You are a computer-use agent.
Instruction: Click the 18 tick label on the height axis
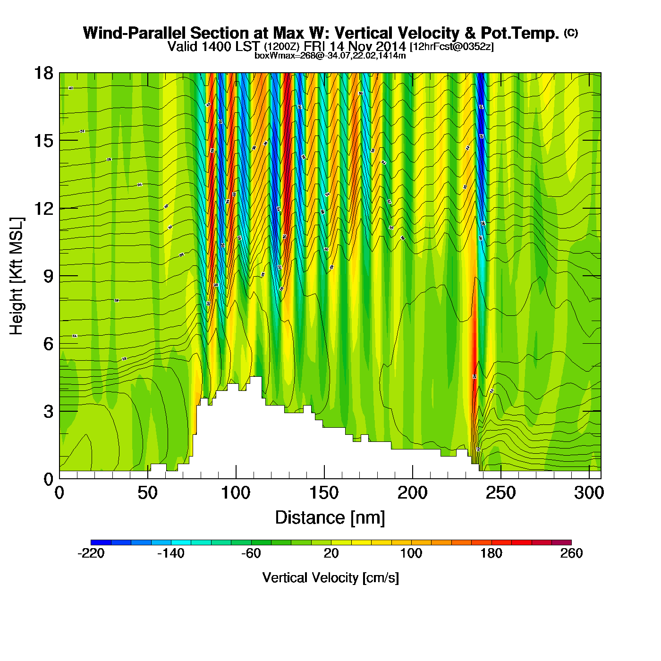43,73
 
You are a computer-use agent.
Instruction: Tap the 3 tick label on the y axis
49,412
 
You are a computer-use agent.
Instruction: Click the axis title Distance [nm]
330,518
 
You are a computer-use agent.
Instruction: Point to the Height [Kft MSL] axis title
17,276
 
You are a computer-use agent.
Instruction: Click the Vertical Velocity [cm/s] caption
330,578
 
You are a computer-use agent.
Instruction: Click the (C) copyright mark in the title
571,33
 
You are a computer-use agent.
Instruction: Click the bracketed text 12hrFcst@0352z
452,47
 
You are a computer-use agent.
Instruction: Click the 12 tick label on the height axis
43,208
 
